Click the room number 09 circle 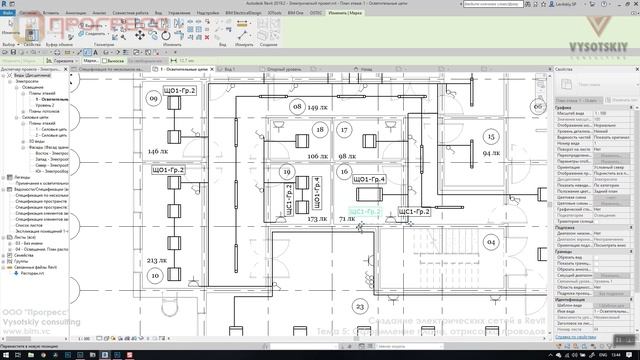pyautogui.click(x=154, y=98)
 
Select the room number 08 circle pyautogui.click(x=295, y=106)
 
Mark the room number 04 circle pyautogui.click(x=491, y=242)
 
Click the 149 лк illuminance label pyautogui.click(x=318, y=107)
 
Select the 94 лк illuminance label pyautogui.click(x=491, y=154)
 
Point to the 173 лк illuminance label pyautogui.click(x=318, y=217)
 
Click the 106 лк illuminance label pyautogui.click(x=318, y=157)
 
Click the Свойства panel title pyautogui.click(x=566, y=69)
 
